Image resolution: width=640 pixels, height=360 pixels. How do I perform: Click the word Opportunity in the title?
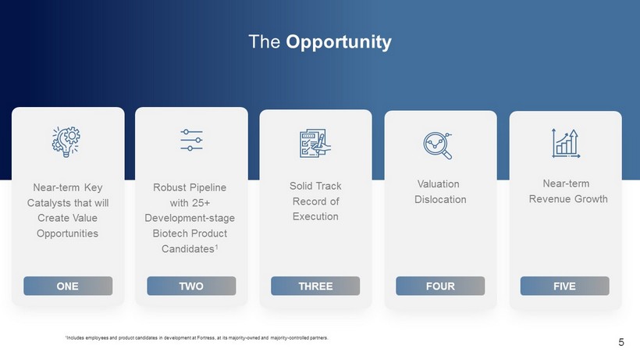[x=339, y=42]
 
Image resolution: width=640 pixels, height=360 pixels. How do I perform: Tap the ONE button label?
[x=67, y=286]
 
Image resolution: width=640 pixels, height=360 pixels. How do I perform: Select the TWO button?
[x=191, y=286]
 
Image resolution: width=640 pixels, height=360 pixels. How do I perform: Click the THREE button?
[x=315, y=286]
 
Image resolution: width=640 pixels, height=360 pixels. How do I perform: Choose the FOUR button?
[x=440, y=286]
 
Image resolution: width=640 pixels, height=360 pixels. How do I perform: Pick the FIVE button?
[x=565, y=286]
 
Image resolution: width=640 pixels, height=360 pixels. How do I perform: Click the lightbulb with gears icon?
[x=66, y=141]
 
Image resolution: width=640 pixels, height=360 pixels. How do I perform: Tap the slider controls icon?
[x=191, y=140]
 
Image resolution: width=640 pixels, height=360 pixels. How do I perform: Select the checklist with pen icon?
[x=315, y=143]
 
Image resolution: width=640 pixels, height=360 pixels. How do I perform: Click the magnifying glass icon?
[x=438, y=145]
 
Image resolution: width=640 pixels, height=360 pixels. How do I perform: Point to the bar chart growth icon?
[x=566, y=143]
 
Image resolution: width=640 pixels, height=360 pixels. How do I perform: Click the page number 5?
[x=621, y=342]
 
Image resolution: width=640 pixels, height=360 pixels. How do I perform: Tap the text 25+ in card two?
[x=201, y=203]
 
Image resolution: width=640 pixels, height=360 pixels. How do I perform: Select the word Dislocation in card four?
[x=440, y=200]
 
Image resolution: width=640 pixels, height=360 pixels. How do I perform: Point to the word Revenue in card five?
[x=549, y=199]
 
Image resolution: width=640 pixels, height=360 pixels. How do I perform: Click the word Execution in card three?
[x=315, y=217]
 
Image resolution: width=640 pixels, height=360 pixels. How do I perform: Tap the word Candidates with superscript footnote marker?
[x=190, y=248]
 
